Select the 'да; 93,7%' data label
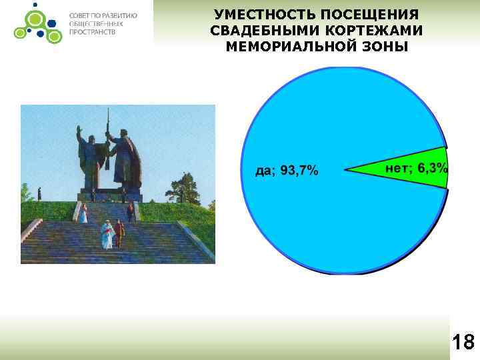[x=287, y=171]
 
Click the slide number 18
[x=463, y=343]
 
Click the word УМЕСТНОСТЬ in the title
[x=257, y=15]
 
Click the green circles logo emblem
[x=35, y=23]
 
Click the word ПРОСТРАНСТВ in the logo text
[x=93, y=32]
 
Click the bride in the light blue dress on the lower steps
[x=106, y=234]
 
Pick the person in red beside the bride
[x=119, y=233]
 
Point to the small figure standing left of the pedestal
[x=39, y=193]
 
